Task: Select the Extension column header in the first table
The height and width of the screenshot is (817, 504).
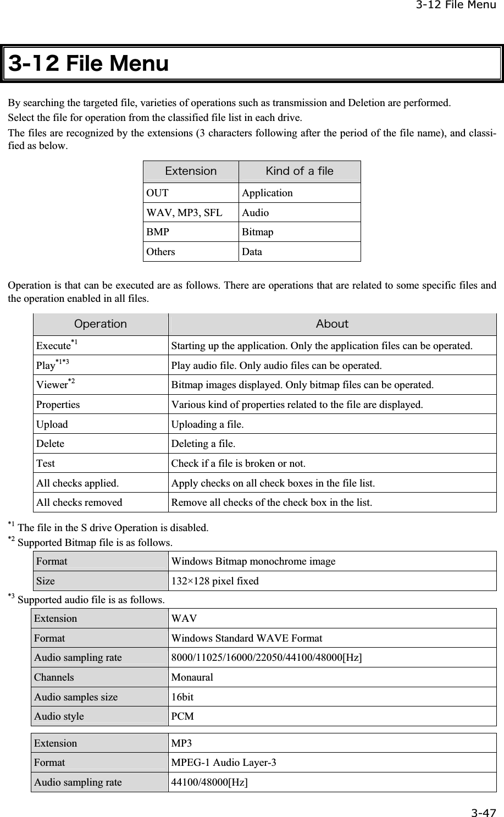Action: coord(191,171)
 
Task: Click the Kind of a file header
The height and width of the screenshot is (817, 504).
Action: coord(300,171)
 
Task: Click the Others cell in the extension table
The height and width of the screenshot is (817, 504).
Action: coord(160,252)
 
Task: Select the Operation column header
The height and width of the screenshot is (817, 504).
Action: coord(100,324)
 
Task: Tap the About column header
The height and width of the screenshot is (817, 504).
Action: coord(332,324)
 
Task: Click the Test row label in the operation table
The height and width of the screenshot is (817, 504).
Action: coord(46,463)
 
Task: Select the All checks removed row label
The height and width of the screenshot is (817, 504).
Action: coord(79,502)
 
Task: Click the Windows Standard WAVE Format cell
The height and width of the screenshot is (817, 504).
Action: coord(247,638)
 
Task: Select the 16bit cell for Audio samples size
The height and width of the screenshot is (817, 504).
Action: coord(182,697)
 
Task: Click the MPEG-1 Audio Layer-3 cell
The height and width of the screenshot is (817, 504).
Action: coord(225,763)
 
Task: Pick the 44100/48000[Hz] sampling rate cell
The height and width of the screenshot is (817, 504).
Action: coord(209,782)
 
